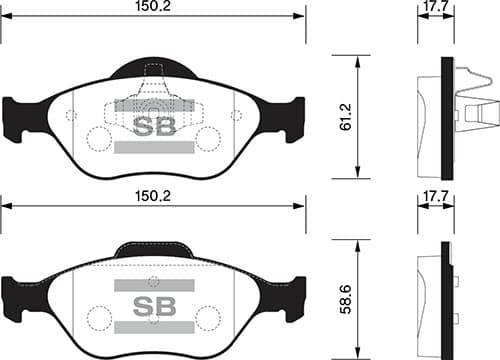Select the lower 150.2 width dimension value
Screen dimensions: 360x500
click(154, 198)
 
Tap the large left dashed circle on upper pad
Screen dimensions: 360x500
click(99, 138)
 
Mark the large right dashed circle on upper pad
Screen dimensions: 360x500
click(207, 138)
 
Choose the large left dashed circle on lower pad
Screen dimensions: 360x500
click(99, 318)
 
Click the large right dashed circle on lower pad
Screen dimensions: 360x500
click(207, 318)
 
